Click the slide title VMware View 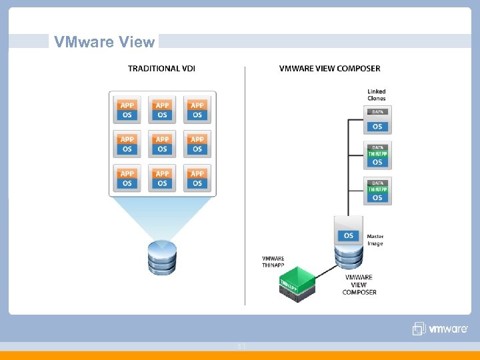click(x=104, y=42)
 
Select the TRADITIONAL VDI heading click(x=161, y=69)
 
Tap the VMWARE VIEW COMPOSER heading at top click(x=329, y=69)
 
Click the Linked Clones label click(x=377, y=95)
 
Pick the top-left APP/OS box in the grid click(x=127, y=110)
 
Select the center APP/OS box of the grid click(x=162, y=144)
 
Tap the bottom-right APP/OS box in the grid click(x=197, y=178)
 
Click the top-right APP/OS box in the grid click(x=197, y=110)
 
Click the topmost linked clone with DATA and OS click(x=377, y=121)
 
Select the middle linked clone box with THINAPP click(x=377, y=155)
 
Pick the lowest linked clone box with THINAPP click(x=377, y=191)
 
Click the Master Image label click(x=375, y=240)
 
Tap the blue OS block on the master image click(x=349, y=235)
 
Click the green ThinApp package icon click(x=296, y=284)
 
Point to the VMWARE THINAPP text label click(x=273, y=262)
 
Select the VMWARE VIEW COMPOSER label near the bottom click(x=359, y=285)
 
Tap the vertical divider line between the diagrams click(x=245, y=187)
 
